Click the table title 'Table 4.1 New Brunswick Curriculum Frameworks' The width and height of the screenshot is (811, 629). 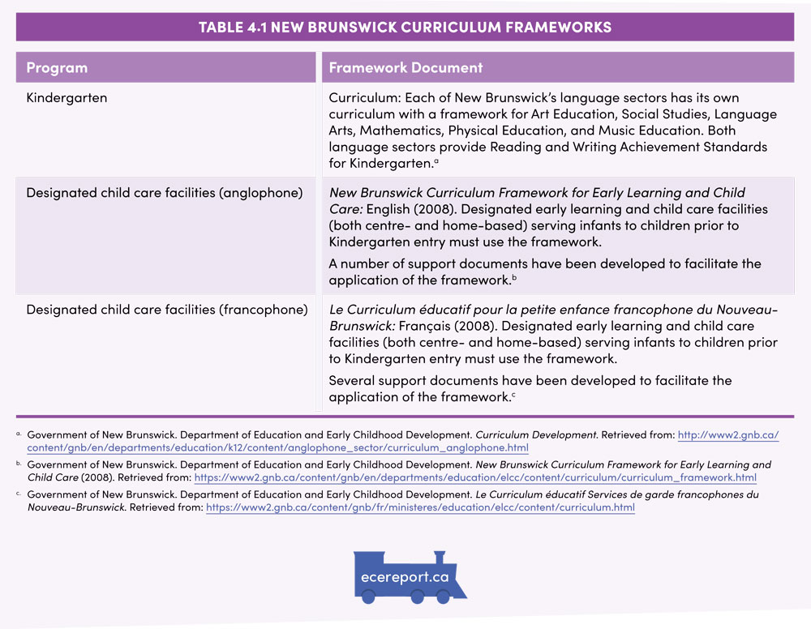(x=405, y=28)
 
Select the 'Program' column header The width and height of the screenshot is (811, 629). (x=57, y=68)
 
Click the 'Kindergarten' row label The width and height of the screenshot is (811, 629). (x=67, y=98)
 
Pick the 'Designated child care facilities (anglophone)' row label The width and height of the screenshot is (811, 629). (x=165, y=193)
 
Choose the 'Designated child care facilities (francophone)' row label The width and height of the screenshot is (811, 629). (x=166, y=310)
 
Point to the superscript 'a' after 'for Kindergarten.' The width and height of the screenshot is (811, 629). (x=436, y=160)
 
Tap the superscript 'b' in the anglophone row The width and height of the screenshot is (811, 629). (x=513, y=277)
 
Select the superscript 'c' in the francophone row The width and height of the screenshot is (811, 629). (x=513, y=395)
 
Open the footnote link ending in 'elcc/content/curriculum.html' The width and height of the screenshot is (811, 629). (x=420, y=508)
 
